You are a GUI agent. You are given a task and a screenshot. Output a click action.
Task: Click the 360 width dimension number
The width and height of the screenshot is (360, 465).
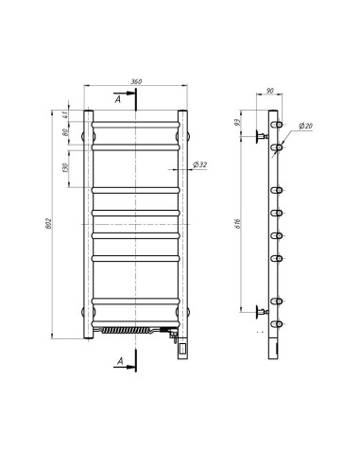tap(136, 82)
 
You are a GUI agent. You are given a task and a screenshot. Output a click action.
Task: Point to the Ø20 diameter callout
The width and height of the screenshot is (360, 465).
tap(307, 126)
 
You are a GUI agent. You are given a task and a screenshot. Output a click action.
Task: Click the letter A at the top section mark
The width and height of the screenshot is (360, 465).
tap(116, 97)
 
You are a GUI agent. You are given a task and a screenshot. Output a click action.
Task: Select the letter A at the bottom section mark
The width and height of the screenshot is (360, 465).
tap(116, 361)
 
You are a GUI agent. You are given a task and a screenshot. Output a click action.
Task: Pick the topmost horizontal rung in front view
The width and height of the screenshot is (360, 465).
tap(136, 123)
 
